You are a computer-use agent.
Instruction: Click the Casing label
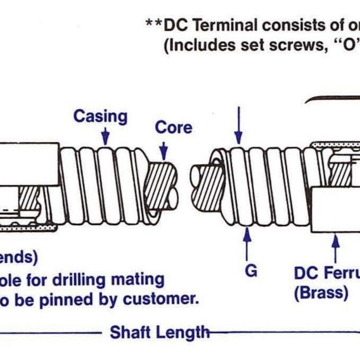(100, 116)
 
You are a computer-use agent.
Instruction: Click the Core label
(174, 128)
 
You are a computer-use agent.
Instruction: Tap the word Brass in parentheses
(321, 293)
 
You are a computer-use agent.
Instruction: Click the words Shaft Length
(159, 332)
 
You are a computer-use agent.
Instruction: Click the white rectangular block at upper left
(28, 164)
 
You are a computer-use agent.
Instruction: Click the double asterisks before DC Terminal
(154, 25)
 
